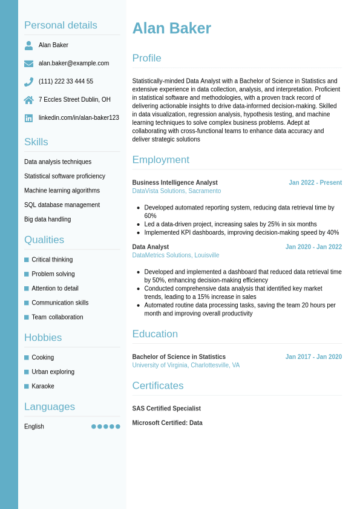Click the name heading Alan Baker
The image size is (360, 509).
[x=171, y=28]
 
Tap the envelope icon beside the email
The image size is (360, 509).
[x=28, y=64]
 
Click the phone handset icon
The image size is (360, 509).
[x=28, y=82]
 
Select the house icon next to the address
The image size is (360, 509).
[x=28, y=100]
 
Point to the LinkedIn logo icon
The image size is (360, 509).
[x=28, y=118]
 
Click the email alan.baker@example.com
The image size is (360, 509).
[x=74, y=63]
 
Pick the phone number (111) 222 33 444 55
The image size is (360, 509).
[x=66, y=81]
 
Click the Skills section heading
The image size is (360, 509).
[x=36, y=142]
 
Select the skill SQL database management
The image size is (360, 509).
[x=62, y=205]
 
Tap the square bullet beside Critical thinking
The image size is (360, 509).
[x=27, y=260]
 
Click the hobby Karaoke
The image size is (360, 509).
[x=43, y=386]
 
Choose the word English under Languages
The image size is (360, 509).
[x=34, y=427]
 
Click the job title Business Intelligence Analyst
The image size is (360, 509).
[x=175, y=183]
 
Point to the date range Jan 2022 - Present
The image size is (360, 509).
[x=315, y=183]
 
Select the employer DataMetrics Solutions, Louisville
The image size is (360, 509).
[x=175, y=255]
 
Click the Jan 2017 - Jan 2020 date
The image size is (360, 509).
[x=313, y=357]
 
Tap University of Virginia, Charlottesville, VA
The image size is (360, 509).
[x=186, y=366]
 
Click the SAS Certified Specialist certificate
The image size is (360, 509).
[x=166, y=409]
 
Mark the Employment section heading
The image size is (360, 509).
[x=160, y=160]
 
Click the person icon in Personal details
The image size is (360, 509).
[x=28, y=45]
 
